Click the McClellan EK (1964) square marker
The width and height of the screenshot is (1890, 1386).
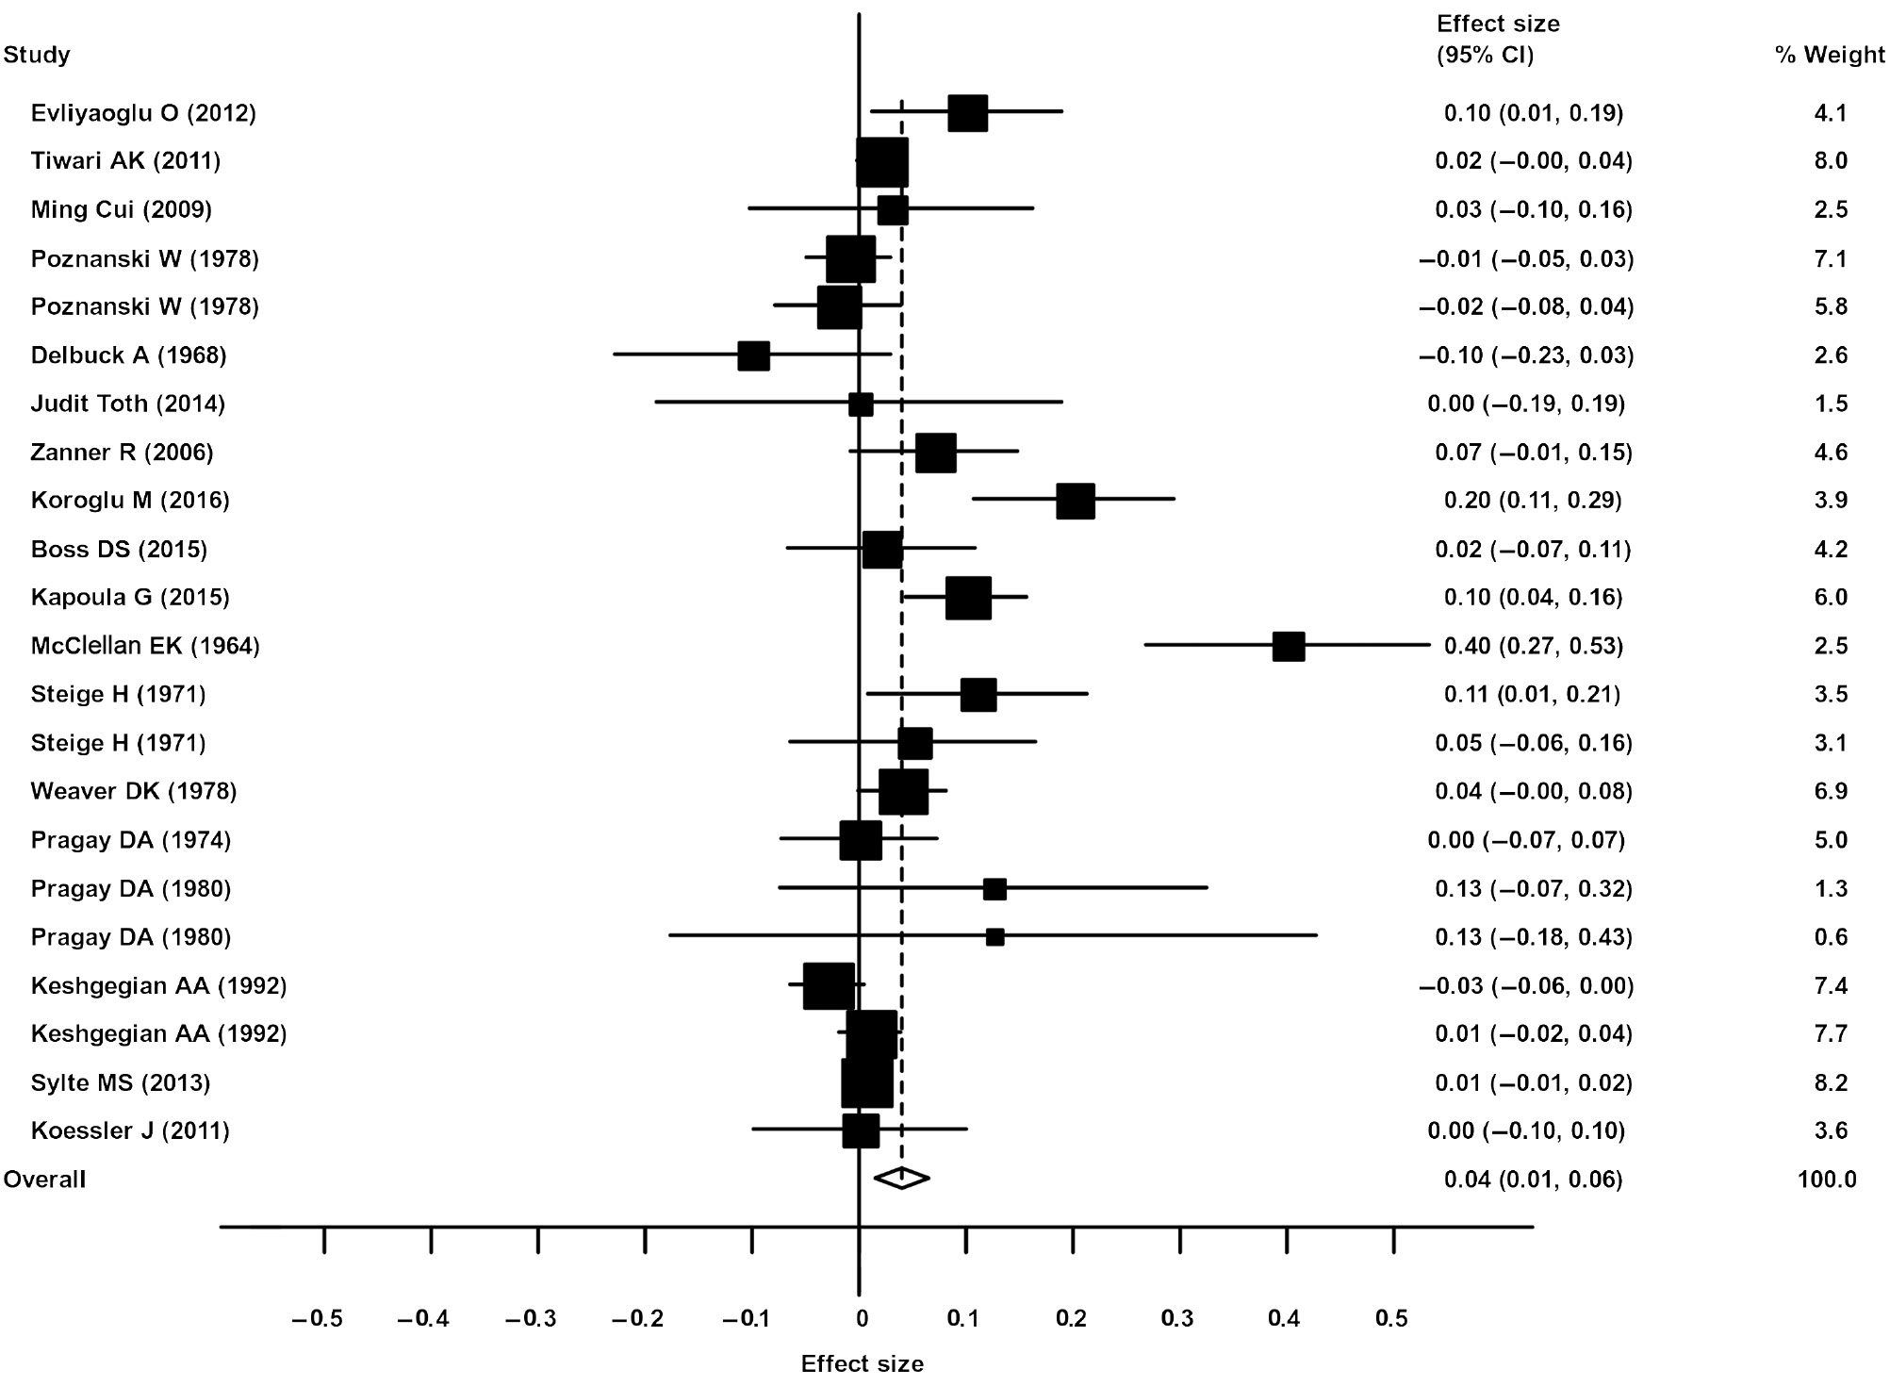click(x=1288, y=647)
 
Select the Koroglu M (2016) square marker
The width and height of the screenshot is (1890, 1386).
click(x=1075, y=501)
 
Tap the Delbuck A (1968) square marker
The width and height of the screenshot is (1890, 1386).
click(x=753, y=355)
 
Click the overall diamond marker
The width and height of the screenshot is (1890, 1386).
click(x=901, y=1178)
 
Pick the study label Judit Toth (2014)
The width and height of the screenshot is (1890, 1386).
click(x=127, y=404)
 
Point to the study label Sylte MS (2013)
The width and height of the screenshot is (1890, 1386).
click(x=120, y=1082)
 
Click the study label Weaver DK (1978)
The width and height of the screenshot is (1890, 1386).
click(x=133, y=791)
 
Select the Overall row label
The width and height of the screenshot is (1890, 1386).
click(x=44, y=1180)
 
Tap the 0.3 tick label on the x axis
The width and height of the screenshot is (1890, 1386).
click(x=1176, y=1319)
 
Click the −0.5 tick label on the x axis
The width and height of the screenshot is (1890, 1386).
click(x=318, y=1319)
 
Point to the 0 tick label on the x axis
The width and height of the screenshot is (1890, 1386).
click(x=862, y=1319)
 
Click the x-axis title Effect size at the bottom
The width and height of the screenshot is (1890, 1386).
click(x=862, y=1363)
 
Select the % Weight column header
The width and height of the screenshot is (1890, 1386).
click(x=1829, y=55)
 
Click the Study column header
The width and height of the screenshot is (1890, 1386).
click(x=37, y=55)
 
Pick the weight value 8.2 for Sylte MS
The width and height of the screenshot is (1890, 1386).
click(x=1830, y=1082)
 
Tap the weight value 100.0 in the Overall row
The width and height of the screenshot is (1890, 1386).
click(x=1826, y=1180)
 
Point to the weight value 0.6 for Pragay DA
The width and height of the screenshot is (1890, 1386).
click(x=1830, y=937)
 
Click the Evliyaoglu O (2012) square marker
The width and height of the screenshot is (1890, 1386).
click(x=967, y=113)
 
